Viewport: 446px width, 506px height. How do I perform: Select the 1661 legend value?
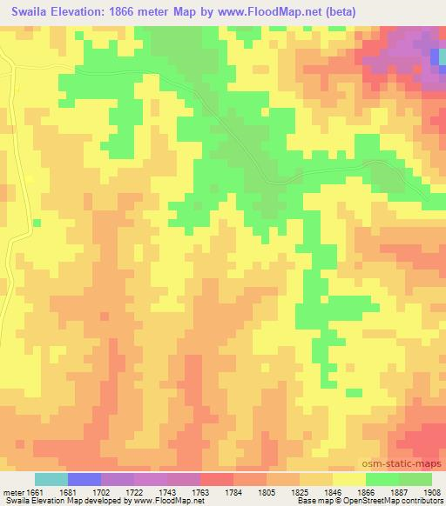(35, 490)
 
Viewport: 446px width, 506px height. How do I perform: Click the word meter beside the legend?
(12, 490)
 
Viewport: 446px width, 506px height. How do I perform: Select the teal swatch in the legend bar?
(51, 479)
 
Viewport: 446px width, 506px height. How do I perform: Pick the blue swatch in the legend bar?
(84, 479)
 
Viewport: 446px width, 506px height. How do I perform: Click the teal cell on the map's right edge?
(435, 57)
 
